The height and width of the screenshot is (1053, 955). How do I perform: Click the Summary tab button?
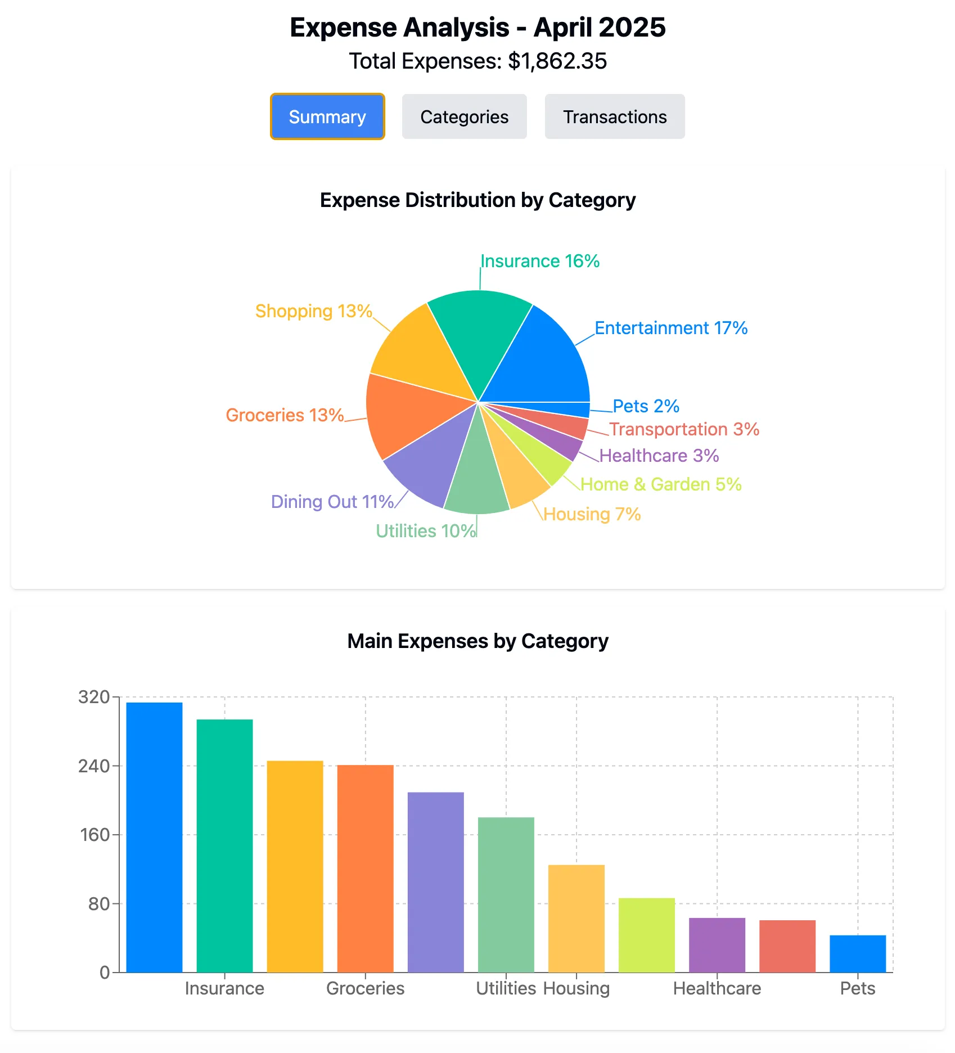327,116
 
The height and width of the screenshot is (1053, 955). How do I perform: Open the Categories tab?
464,116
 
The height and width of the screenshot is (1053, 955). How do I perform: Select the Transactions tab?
615,116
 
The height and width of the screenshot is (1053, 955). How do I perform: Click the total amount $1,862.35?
557,61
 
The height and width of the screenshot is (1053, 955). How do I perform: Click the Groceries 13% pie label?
285,415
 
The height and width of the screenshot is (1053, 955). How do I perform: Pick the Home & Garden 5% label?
661,484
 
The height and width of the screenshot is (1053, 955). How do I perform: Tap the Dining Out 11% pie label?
332,502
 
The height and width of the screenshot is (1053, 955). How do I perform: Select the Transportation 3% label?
684,429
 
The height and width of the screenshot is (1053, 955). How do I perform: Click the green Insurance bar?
224,844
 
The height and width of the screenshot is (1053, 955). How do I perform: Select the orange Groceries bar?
365,866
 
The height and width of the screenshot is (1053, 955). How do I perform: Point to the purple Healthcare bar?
717,945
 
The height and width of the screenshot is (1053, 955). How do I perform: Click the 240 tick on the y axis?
94,766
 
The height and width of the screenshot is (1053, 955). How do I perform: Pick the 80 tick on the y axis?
99,904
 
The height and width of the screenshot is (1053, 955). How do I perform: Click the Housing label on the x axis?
576,988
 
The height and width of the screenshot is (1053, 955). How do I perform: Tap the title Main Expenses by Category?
477,641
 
